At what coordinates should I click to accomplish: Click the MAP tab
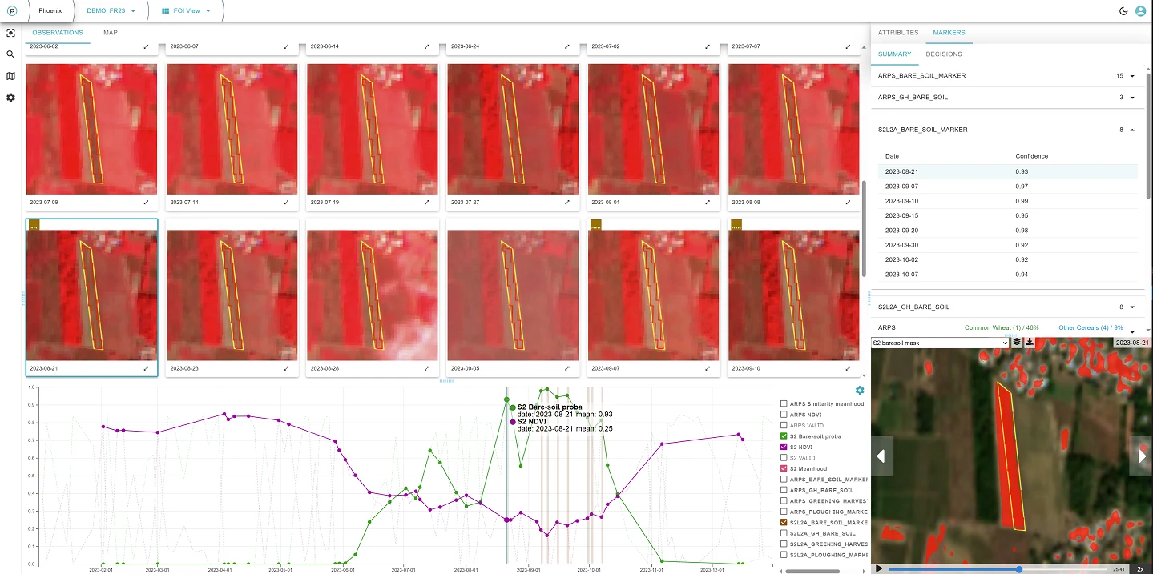111,33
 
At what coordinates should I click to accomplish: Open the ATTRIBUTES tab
898,33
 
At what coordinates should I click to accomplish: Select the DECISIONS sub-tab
944,54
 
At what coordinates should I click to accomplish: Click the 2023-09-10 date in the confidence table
901,201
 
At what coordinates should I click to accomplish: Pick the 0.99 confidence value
1022,201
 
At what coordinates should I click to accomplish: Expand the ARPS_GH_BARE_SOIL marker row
1132,98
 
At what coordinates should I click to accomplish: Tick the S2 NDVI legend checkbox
784,447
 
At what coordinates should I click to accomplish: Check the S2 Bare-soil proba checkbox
784,436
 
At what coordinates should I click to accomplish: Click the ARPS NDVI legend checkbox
784,415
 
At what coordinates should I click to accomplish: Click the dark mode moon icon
1123,11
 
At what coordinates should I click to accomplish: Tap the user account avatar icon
1140,11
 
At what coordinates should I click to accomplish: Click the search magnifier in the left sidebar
10,54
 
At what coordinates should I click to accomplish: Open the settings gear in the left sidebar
10,98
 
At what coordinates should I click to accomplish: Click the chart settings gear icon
860,391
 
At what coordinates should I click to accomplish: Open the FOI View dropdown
186,11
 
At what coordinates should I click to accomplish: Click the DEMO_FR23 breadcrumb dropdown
111,11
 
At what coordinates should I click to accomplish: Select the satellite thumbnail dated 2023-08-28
373,295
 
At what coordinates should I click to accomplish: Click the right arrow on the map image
1140,456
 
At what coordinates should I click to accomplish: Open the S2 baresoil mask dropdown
940,343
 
